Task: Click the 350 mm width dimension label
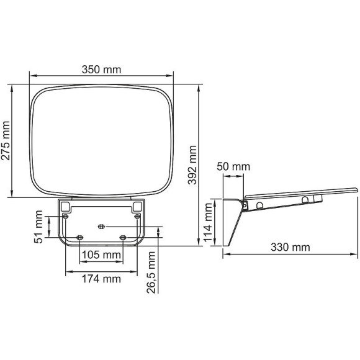pos(102,70)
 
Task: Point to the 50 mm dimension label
pos(233,166)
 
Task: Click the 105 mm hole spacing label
pos(101,254)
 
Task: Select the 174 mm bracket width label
pos(102,279)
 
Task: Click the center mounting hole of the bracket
pos(102,227)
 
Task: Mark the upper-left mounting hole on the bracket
pos(66,216)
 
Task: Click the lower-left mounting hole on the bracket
pos(79,238)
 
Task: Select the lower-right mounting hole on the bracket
pos(123,238)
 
